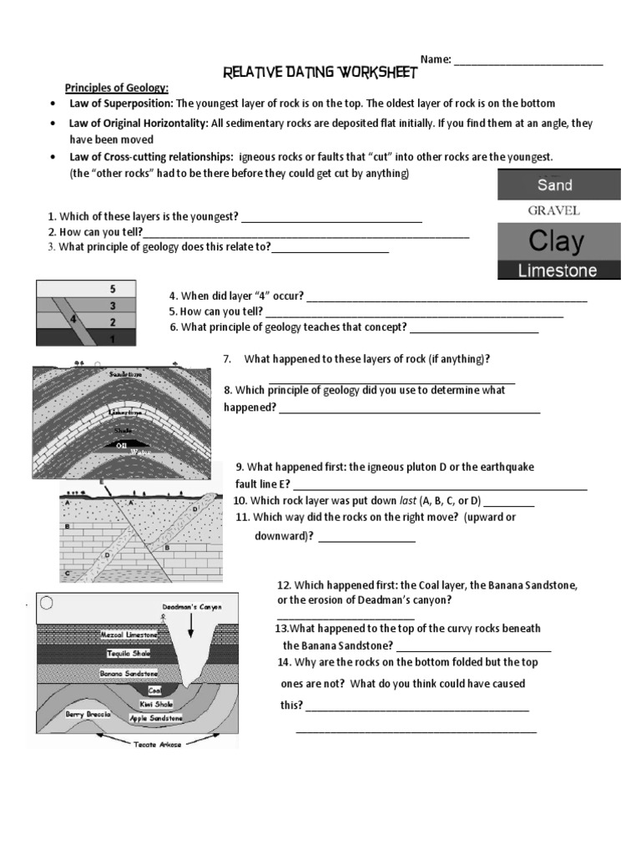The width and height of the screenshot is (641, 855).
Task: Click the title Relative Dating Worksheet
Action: coord(320,73)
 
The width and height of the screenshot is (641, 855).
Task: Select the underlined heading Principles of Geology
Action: coord(118,89)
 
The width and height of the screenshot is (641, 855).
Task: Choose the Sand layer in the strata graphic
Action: coord(558,185)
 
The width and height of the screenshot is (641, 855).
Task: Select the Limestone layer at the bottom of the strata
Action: coord(558,270)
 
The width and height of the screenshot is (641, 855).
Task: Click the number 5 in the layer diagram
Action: coord(112,289)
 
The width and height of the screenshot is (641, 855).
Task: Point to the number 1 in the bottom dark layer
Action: coord(112,339)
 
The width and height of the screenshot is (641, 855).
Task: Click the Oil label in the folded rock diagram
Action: coord(122,444)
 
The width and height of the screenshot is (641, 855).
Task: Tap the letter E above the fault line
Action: coord(102,482)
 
